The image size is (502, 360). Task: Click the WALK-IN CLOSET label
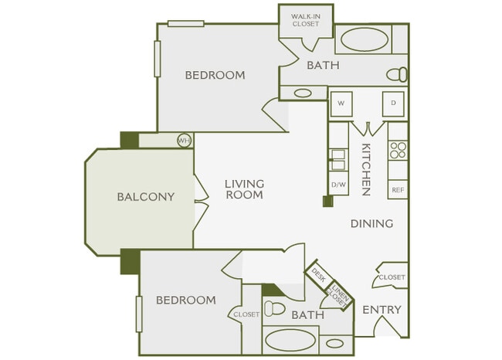(x=305, y=20)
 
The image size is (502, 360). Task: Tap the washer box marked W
(x=341, y=103)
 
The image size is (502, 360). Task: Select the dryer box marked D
(x=393, y=103)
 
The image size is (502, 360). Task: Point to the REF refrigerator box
(x=398, y=189)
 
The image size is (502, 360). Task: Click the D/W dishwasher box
(x=337, y=185)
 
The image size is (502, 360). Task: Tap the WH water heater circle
(x=184, y=141)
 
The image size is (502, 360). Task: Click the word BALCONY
(x=145, y=196)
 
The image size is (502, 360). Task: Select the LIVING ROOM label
(x=244, y=189)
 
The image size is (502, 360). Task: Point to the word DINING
(x=371, y=223)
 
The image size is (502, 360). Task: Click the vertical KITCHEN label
(x=366, y=169)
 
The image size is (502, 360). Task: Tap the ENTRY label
(x=382, y=310)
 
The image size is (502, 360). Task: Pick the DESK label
(x=318, y=275)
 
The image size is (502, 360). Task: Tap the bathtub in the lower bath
(x=289, y=341)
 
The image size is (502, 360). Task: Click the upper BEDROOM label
(x=215, y=75)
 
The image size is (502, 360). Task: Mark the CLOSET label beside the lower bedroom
(x=246, y=314)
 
